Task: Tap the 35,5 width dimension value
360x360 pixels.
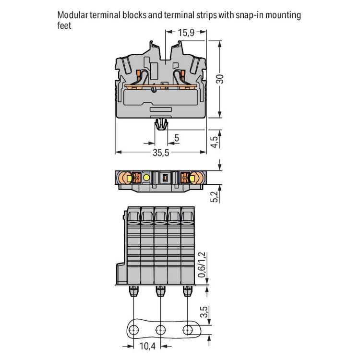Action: pos(161,153)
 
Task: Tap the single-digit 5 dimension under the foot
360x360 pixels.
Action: pos(177,139)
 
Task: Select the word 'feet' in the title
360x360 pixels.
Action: pos(64,25)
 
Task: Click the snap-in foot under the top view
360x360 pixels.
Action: pos(161,126)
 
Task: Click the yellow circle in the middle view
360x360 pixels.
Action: pos(146,178)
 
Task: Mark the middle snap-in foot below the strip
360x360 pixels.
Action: pos(160,291)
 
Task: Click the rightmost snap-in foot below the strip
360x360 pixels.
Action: pos(187,291)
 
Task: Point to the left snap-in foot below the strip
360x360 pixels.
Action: pos(133,291)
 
